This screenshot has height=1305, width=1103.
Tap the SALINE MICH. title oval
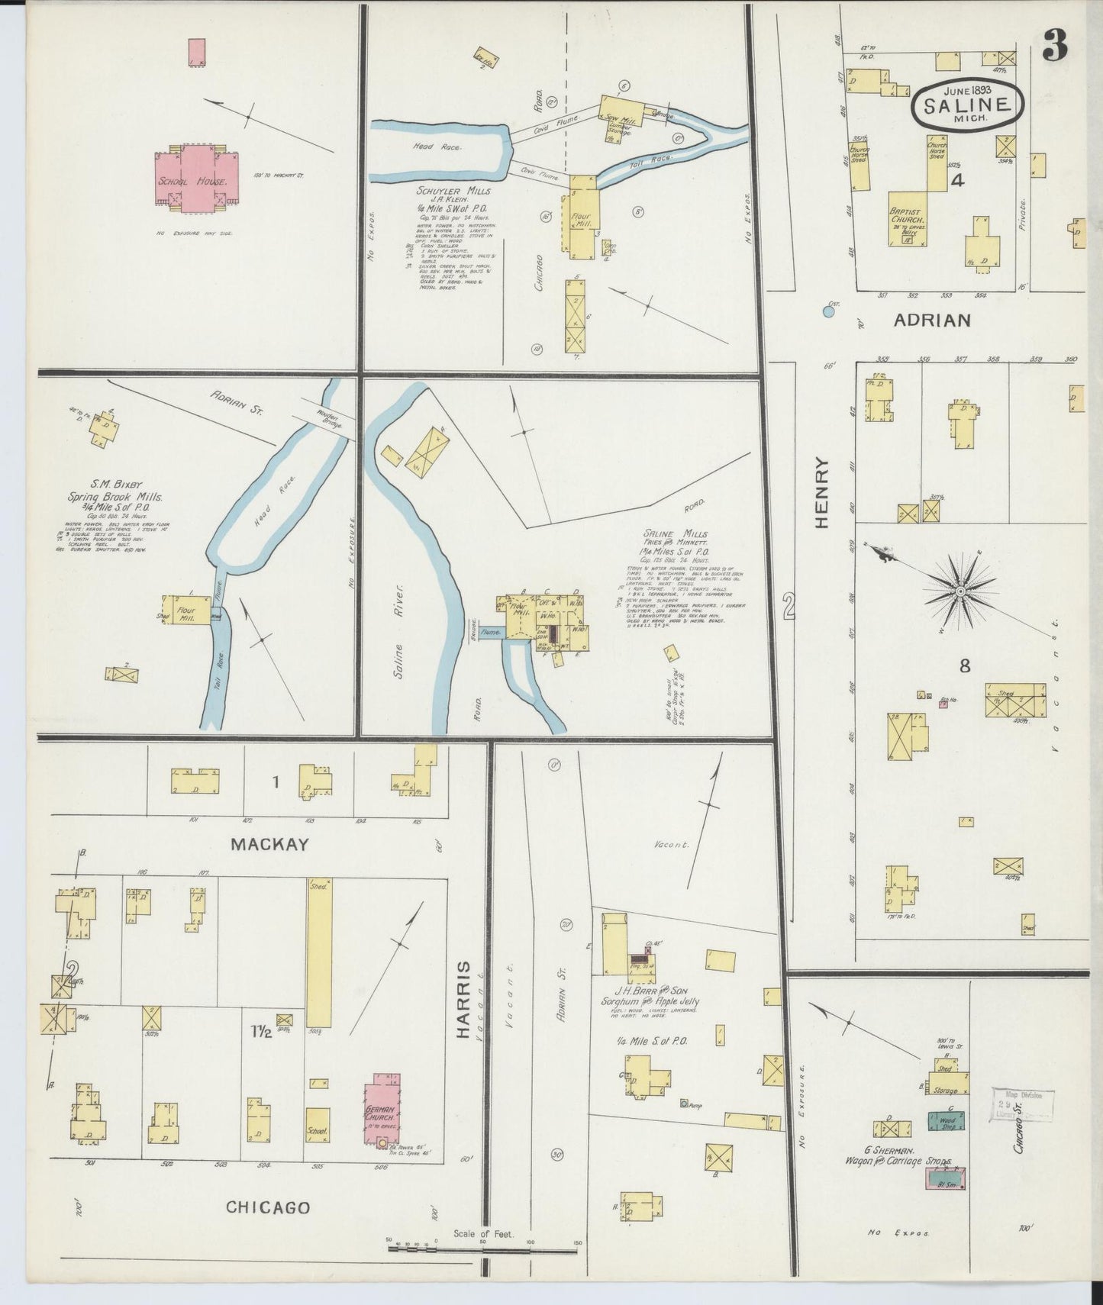tap(968, 105)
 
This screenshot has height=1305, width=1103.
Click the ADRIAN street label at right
tap(933, 321)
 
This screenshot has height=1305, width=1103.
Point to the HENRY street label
tap(822, 492)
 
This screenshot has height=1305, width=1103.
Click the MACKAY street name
tap(269, 844)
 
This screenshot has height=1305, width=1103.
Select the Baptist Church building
tap(908, 217)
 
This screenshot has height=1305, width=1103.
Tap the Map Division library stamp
tap(1023, 1104)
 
